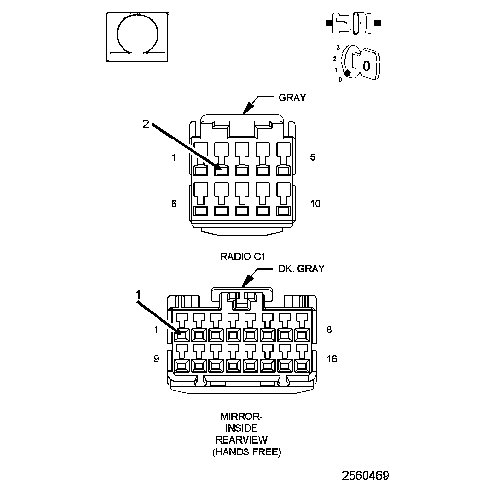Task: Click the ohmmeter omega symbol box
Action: tap(138, 36)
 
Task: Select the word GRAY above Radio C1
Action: tap(292, 97)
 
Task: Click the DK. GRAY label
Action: tap(301, 268)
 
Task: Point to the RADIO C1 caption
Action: tap(245, 256)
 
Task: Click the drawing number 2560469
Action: tap(365, 475)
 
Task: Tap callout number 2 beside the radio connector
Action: tap(146, 124)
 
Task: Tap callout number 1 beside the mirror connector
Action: tap(139, 294)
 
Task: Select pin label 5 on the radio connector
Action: tap(313, 157)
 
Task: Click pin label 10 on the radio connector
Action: tap(315, 203)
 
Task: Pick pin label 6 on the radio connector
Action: tap(174, 203)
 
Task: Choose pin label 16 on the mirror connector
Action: tap(332, 359)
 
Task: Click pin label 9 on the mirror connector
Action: tap(156, 359)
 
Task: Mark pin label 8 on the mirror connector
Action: tap(329, 329)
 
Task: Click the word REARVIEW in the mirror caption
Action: tap(242, 440)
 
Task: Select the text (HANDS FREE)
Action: tap(246, 452)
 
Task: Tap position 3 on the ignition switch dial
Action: tap(338, 48)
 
